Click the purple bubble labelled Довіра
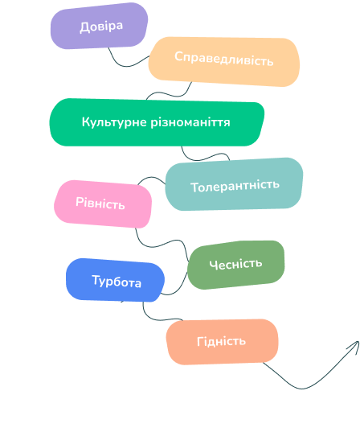point(99,26)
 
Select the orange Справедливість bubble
point(224,62)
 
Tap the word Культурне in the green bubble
point(114,122)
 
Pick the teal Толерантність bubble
point(234,184)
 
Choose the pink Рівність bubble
point(103,204)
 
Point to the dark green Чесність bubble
point(236,265)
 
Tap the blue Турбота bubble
point(115,280)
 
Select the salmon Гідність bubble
point(222,341)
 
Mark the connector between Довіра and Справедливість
point(126,66)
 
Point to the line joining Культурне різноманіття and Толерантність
point(203,158)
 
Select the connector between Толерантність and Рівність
point(152,177)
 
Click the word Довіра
point(101,27)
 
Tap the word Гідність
point(221,341)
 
